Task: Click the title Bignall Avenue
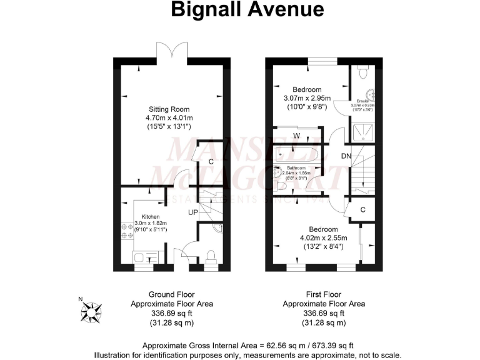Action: [239, 9]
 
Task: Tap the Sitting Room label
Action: [166, 107]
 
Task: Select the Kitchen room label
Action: [142, 216]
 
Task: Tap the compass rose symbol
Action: [93, 309]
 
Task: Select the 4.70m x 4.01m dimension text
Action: [166, 117]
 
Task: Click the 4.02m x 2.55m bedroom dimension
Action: [323, 237]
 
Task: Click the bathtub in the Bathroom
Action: [296, 154]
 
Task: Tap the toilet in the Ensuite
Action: [363, 74]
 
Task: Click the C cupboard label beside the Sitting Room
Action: [211, 162]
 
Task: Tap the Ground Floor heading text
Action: [171, 294]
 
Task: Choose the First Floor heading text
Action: [323, 294]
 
